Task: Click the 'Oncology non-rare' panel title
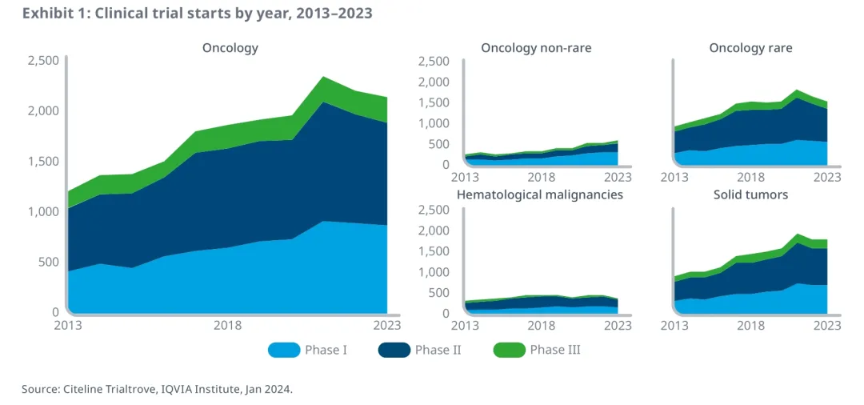(536, 48)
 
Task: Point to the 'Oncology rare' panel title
(750, 48)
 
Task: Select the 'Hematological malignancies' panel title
(539, 194)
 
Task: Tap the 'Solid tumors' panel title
(750, 194)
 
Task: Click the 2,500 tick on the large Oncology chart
(43, 60)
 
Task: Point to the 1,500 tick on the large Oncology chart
(43, 161)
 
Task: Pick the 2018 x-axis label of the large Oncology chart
(228, 326)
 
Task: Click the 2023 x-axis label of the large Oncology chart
(387, 326)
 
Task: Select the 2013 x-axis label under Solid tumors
(675, 326)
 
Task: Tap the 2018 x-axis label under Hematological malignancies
(542, 326)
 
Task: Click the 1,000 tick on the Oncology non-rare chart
(434, 123)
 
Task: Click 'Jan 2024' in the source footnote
(270, 389)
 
